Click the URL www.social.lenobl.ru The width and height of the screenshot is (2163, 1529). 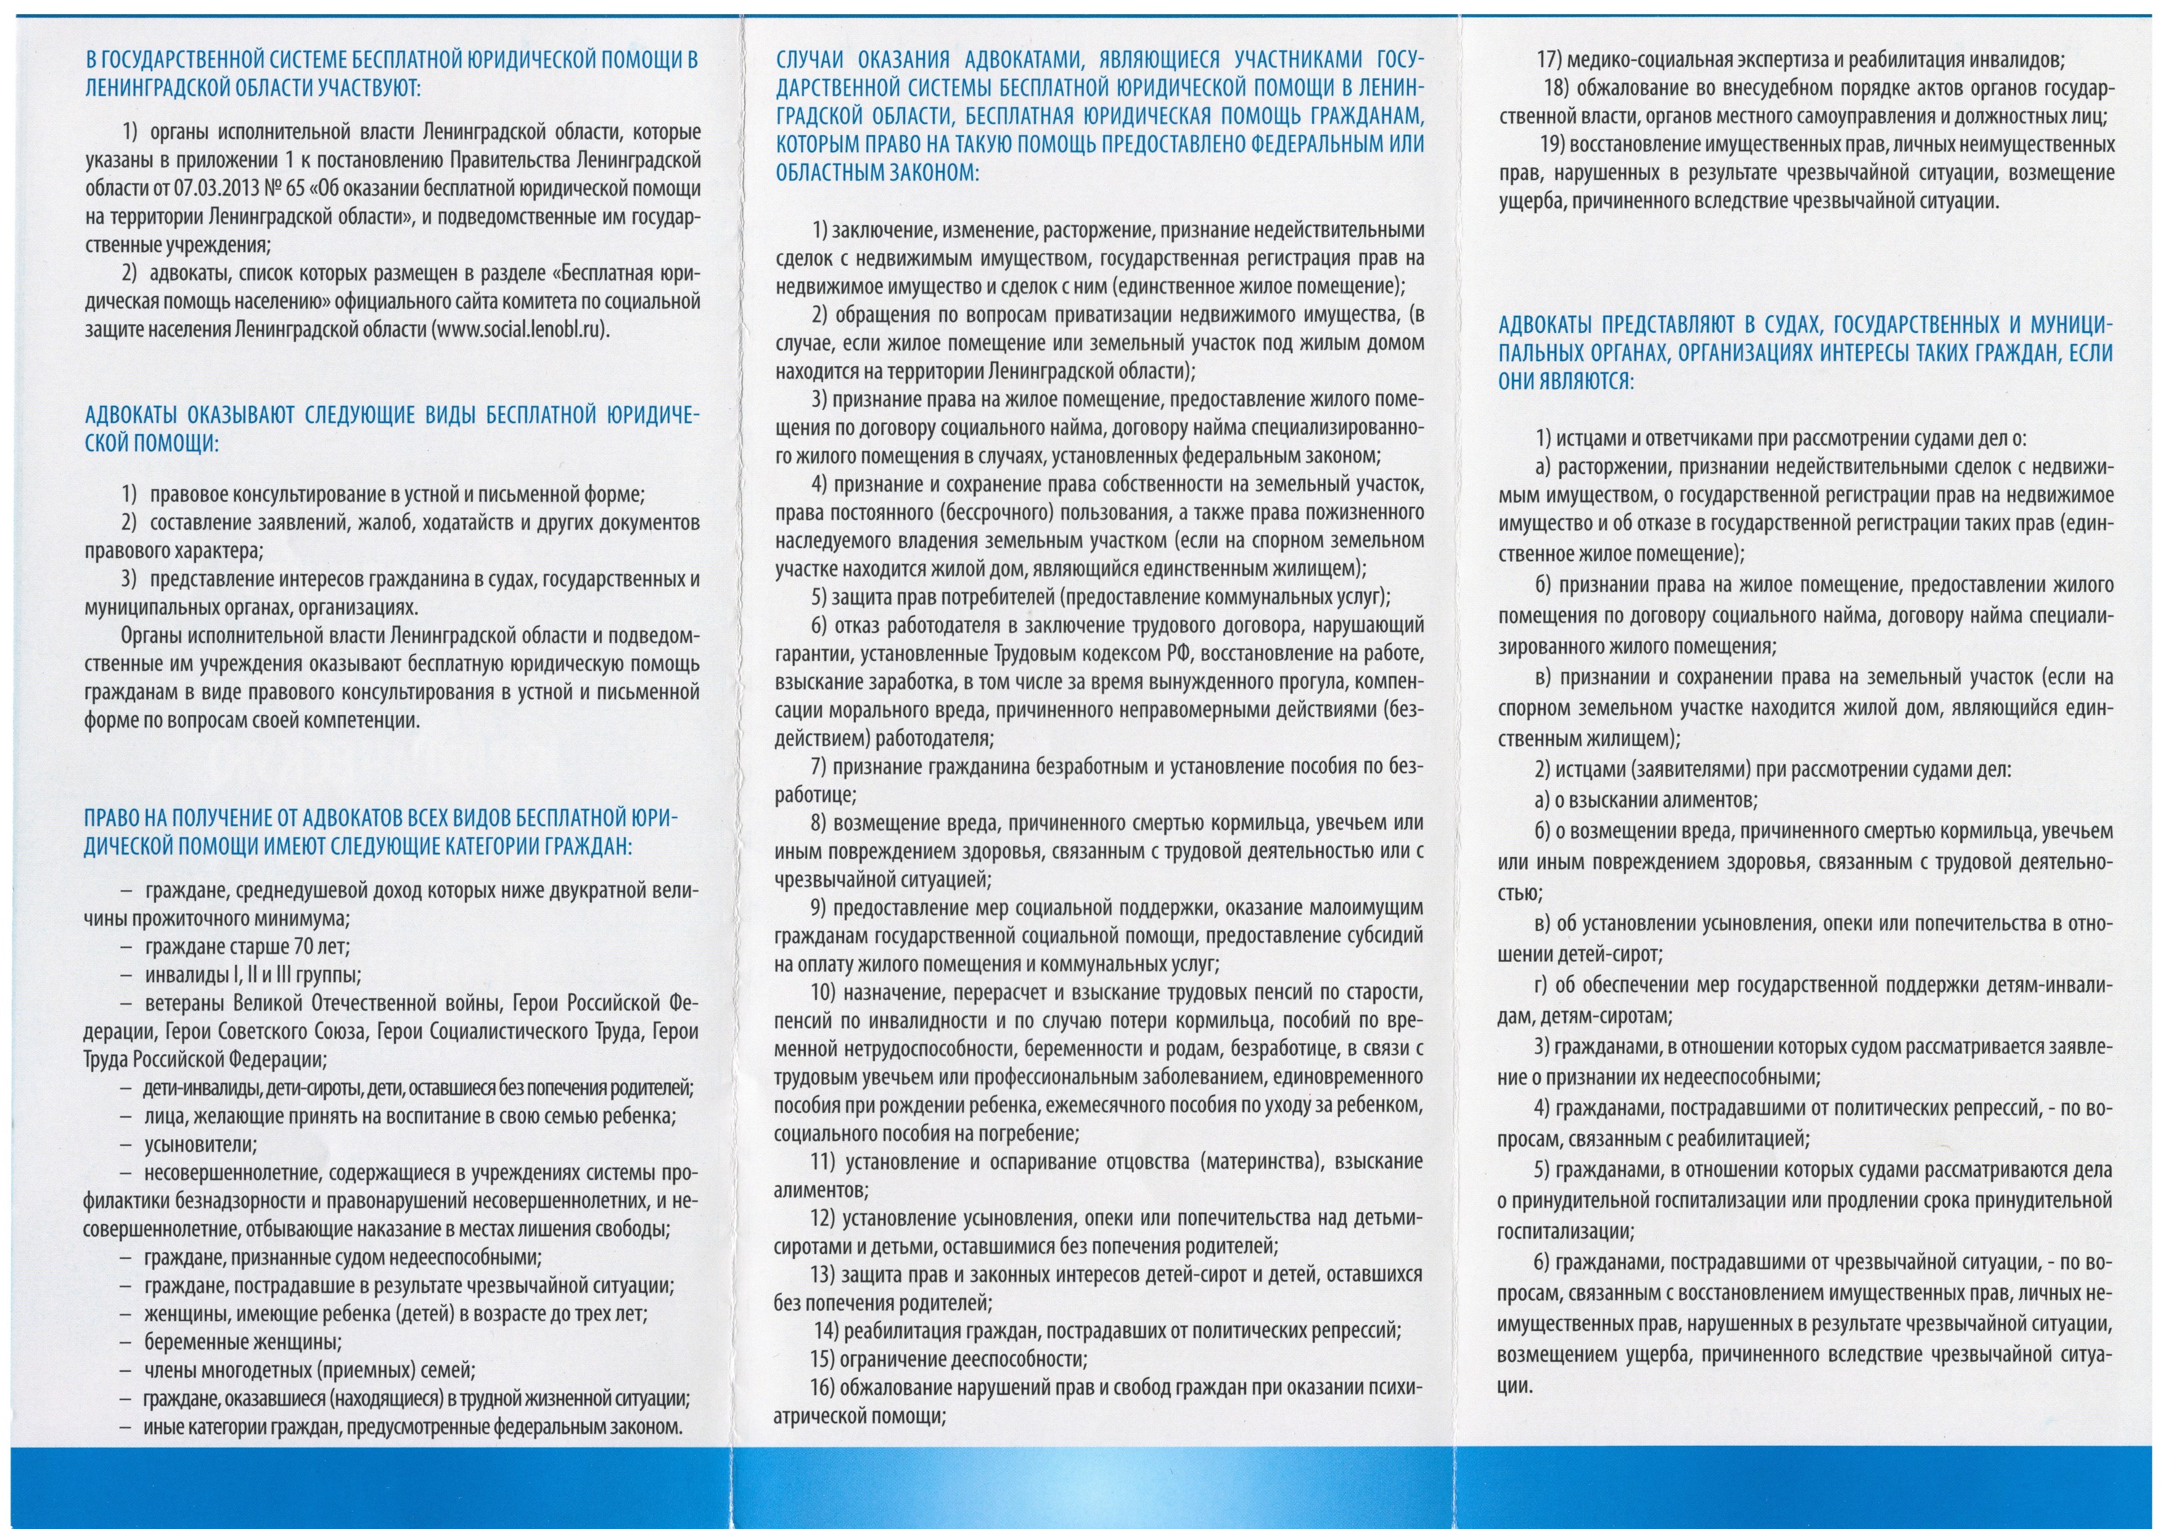pyautogui.click(x=516, y=330)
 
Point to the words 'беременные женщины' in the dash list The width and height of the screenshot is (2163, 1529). pyautogui.click(x=243, y=1342)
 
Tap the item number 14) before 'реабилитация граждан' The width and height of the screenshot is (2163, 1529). pyautogui.click(x=826, y=1331)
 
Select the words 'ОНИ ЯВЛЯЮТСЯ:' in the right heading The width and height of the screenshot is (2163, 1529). pyautogui.click(x=1566, y=382)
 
